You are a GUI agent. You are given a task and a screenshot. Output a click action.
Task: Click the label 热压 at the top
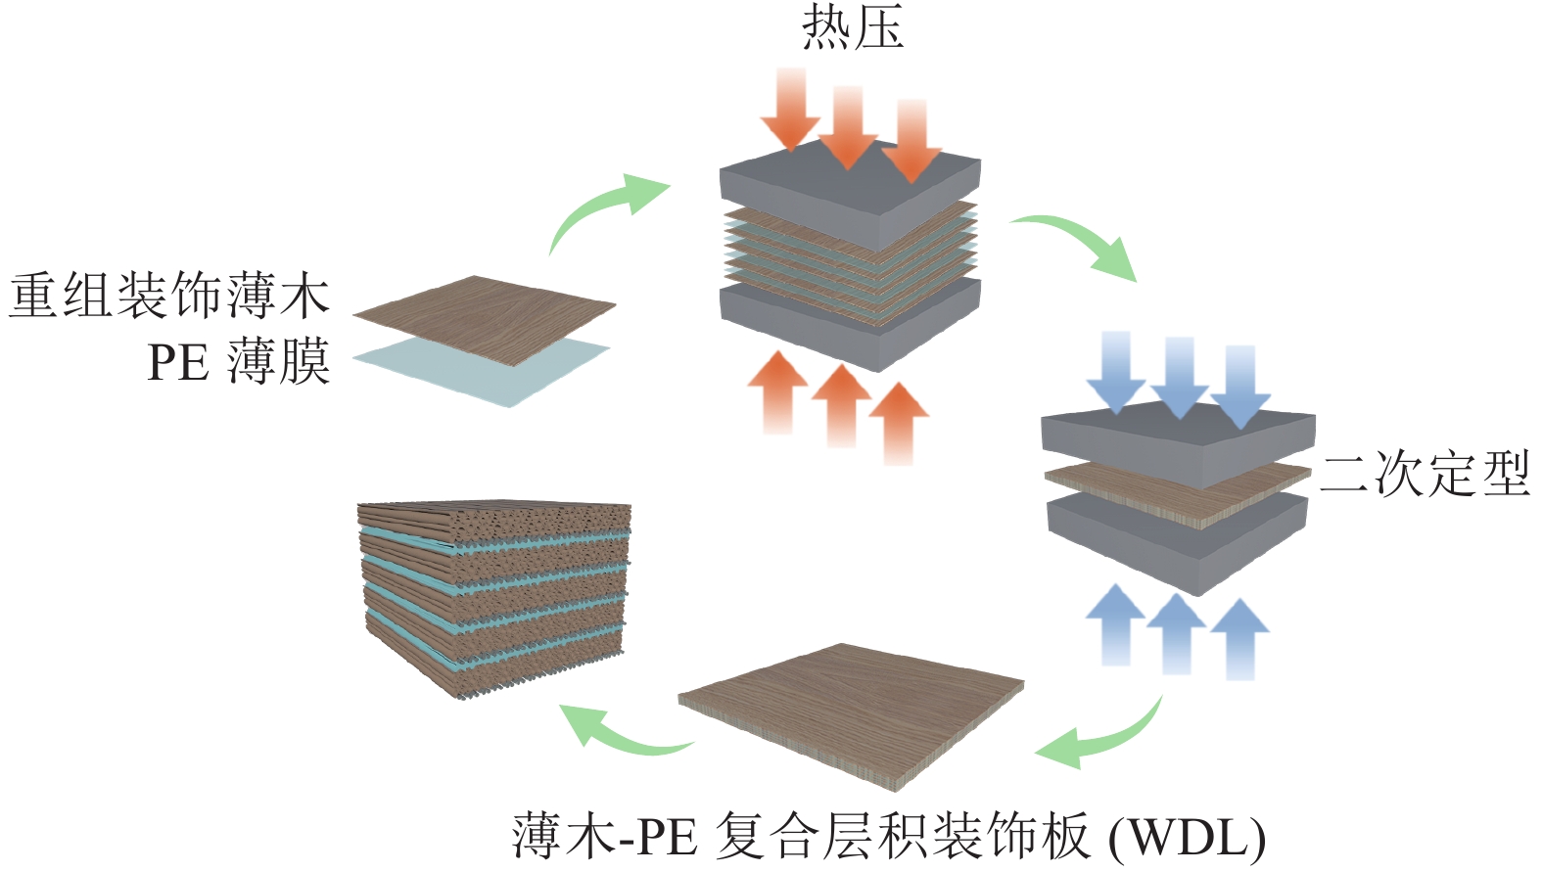852,27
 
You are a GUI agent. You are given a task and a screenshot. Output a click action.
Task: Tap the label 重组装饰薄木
169,296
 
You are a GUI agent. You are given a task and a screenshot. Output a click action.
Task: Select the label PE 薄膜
238,362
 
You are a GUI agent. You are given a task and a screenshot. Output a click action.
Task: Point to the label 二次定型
1425,475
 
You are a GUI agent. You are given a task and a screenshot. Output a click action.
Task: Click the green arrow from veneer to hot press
602,210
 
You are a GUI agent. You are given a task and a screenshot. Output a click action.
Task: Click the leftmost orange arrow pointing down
789,108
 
